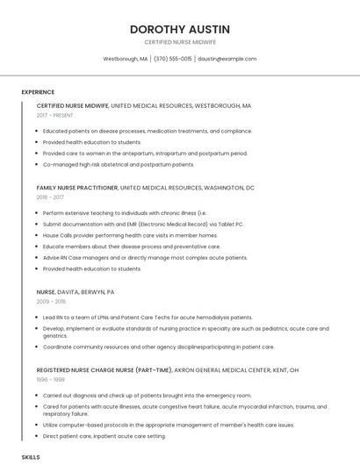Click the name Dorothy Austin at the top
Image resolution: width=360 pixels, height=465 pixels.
coord(179,29)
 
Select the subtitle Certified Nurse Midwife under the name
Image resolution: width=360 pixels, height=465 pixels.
coord(179,42)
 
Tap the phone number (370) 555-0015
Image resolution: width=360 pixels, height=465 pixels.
coord(172,59)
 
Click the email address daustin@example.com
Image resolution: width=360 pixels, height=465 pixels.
coord(227,59)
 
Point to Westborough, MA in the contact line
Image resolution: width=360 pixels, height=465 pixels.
coord(126,59)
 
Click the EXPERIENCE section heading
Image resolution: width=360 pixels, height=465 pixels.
coord(38,92)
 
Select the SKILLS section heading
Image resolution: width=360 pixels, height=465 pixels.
coord(31,457)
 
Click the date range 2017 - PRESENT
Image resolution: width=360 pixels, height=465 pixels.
coord(55,115)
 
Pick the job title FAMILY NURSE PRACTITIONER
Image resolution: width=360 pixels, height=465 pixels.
coord(77,188)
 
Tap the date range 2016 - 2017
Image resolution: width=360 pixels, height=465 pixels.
coord(50,197)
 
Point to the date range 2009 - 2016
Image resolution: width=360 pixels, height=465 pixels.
coord(51,301)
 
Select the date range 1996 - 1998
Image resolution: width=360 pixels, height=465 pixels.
coord(50,380)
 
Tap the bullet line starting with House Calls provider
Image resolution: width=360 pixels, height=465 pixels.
coord(130,235)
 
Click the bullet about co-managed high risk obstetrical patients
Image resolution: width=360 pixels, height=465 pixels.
coord(119,164)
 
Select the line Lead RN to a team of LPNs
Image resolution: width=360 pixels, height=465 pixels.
coord(147,317)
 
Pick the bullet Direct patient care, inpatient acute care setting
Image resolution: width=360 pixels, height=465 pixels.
coord(104,435)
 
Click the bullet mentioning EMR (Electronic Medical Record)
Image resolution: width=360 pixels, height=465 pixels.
coord(143,224)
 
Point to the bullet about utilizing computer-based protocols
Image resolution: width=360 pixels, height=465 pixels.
coord(168,424)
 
